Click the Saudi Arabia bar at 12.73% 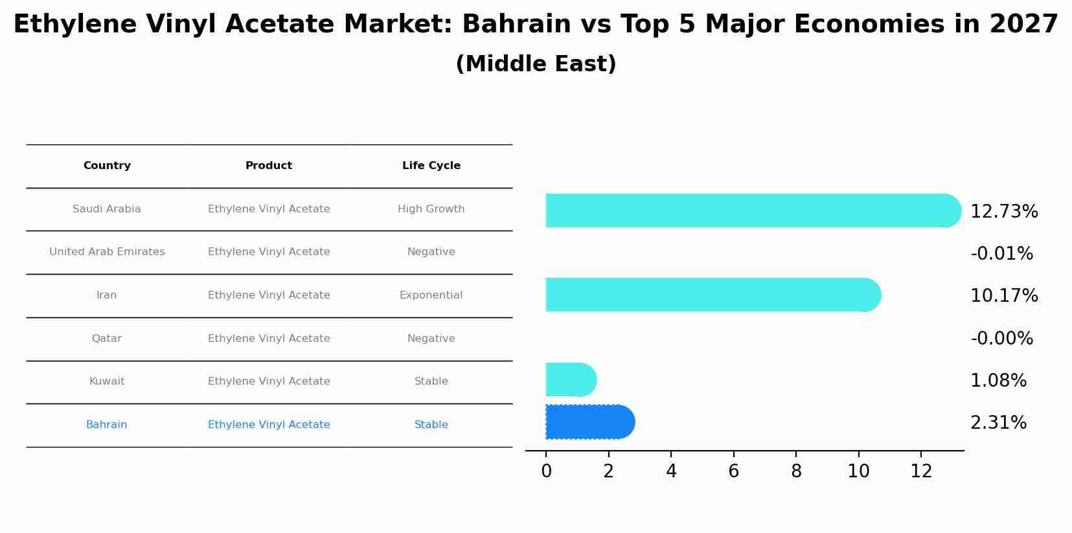pyautogui.click(x=751, y=210)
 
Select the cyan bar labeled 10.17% pyautogui.click(x=713, y=295)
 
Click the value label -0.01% pyautogui.click(x=1001, y=254)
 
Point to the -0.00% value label pyautogui.click(x=1001, y=339)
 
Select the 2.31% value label pyautogui.click(x=998, y=423)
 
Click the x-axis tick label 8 pyautogui.click(x=796, y=471)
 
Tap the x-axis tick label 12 pyautogui.click(x=921, y=471)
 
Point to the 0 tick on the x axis pyautogui.click(x=546, y=471)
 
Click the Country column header pyautogui.click(x=107, y=166)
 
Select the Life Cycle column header pyautogui.click(x=431, y=166)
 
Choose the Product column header pyautogui.click(x=269, y=166)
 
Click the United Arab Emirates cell pyautogui.click(x=107, y=252)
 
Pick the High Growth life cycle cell pyautogui.click(x=431, y=209)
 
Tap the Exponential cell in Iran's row pyautogui.click(x=431, y=295)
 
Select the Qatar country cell pyautogui.click(x=107, y=339)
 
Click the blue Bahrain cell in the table pyautogui.click(x=107, y=425)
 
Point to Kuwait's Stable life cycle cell pyautogui.click(x=431, y=381)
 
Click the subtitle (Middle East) pyautogui.click(x=536, y=64)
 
